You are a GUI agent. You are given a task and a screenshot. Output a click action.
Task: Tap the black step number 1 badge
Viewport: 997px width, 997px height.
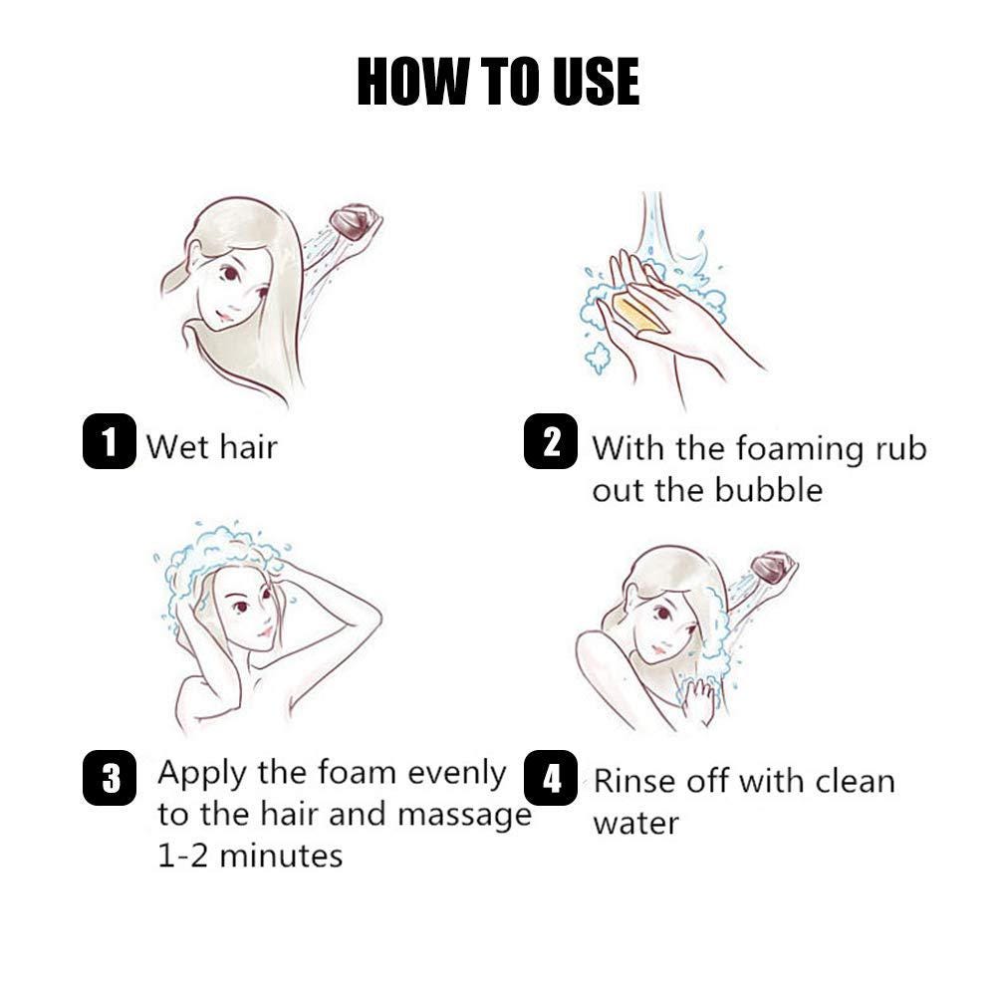click(109, 440)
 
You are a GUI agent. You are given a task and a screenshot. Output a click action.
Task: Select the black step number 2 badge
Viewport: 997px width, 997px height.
click(551, 440)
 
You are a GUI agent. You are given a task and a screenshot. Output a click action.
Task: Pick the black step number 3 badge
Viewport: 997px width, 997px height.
click(109, 777)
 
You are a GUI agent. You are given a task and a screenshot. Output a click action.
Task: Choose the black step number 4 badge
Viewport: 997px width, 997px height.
click(551, 777)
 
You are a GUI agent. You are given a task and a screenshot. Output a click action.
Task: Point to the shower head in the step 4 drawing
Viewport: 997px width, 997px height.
click(774, 567)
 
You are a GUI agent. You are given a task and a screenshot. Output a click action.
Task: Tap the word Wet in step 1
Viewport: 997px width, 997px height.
click(176, 446)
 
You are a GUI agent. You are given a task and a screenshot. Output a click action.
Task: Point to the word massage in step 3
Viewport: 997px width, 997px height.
click(464, 816)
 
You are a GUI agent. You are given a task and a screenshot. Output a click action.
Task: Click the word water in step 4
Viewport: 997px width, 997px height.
click(635, 824)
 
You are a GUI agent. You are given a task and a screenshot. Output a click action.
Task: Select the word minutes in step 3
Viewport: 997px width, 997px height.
click(281, 856)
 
